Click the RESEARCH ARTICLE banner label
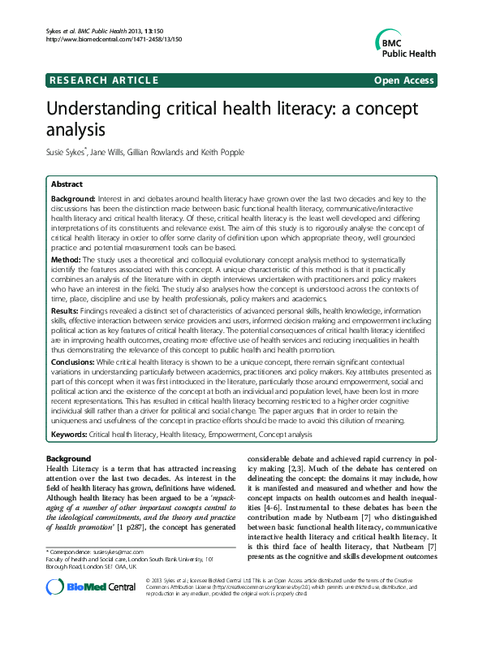(x=102, y=80)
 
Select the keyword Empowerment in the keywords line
(x=235, y=435)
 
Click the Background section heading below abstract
(x=70, y=459)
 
